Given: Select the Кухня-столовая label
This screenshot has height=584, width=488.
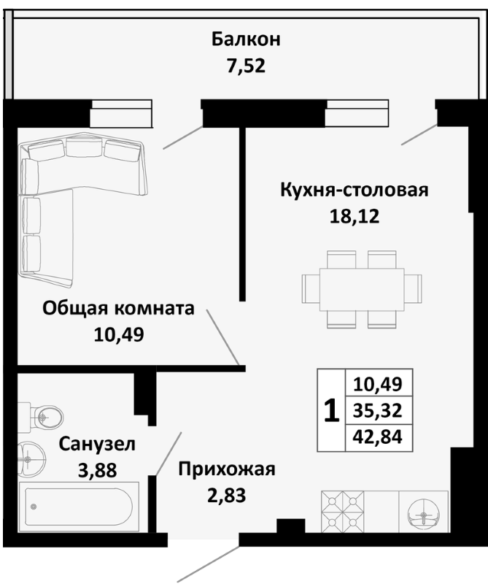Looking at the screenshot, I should coord(354,191).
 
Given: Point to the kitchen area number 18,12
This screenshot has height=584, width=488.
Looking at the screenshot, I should coord(354,216).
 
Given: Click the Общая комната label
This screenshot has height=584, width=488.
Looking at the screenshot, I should coord(118,308).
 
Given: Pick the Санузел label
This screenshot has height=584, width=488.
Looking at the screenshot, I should coord(97,443).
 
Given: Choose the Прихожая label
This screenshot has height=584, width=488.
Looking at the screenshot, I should coord(226,469).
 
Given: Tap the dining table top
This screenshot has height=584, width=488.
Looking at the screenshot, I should coord(363,283).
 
